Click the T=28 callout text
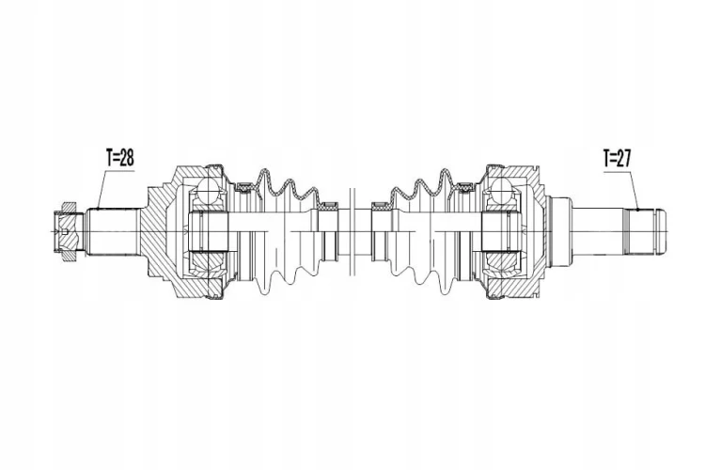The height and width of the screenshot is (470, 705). point(120,158)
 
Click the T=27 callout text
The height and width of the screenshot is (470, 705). point(618,158)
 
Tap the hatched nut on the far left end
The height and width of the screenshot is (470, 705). point(68,231)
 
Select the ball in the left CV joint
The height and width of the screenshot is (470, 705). point(209,190)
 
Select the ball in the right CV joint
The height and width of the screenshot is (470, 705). point(501,190)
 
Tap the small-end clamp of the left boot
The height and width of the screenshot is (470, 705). point(329,207)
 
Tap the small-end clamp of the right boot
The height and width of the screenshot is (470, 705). point(382,207)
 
